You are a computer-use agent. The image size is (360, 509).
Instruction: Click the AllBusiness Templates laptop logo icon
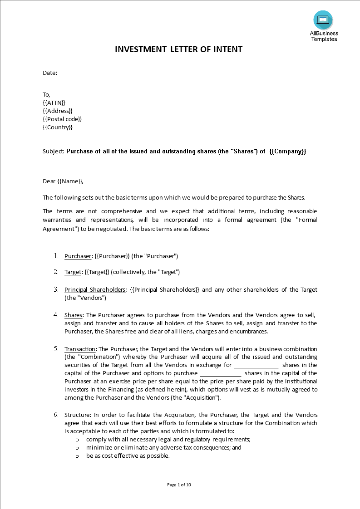coord(323,20)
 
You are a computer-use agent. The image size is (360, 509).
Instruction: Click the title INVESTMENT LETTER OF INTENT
coord(179,49)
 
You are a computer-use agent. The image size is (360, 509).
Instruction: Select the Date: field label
coord(50,73)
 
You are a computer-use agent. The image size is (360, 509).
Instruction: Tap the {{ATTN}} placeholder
coord(54,103)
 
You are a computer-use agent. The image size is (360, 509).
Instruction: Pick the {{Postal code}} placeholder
coord(62,119)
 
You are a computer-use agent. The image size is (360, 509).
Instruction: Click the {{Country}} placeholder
coord(58,127)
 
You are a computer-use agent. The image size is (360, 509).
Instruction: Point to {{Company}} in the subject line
coord(287,152)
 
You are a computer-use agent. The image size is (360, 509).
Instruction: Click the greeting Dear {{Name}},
coord(63,181)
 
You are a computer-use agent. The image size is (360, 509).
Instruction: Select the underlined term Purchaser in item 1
coord(78,256)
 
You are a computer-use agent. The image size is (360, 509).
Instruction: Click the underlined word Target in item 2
coord(73,272)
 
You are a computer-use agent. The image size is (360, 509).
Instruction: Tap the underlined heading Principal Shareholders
coord(94,290)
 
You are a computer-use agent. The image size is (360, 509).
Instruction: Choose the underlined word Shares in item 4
coord(73,315)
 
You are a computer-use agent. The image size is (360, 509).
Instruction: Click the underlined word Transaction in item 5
coord(80,349)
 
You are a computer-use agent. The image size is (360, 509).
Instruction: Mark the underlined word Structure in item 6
coord(78,415)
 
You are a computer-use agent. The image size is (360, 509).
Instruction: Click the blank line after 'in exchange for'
coord(256,366)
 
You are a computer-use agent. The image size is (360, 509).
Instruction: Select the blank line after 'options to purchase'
coord(221,374)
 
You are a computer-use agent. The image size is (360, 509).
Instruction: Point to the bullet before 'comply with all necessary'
coord(77,440)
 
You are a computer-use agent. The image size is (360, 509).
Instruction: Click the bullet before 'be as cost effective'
coord(77,456)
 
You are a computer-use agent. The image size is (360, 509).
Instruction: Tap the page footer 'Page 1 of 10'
coord(179,485)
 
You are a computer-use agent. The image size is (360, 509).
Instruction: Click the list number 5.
coord(56,349)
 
